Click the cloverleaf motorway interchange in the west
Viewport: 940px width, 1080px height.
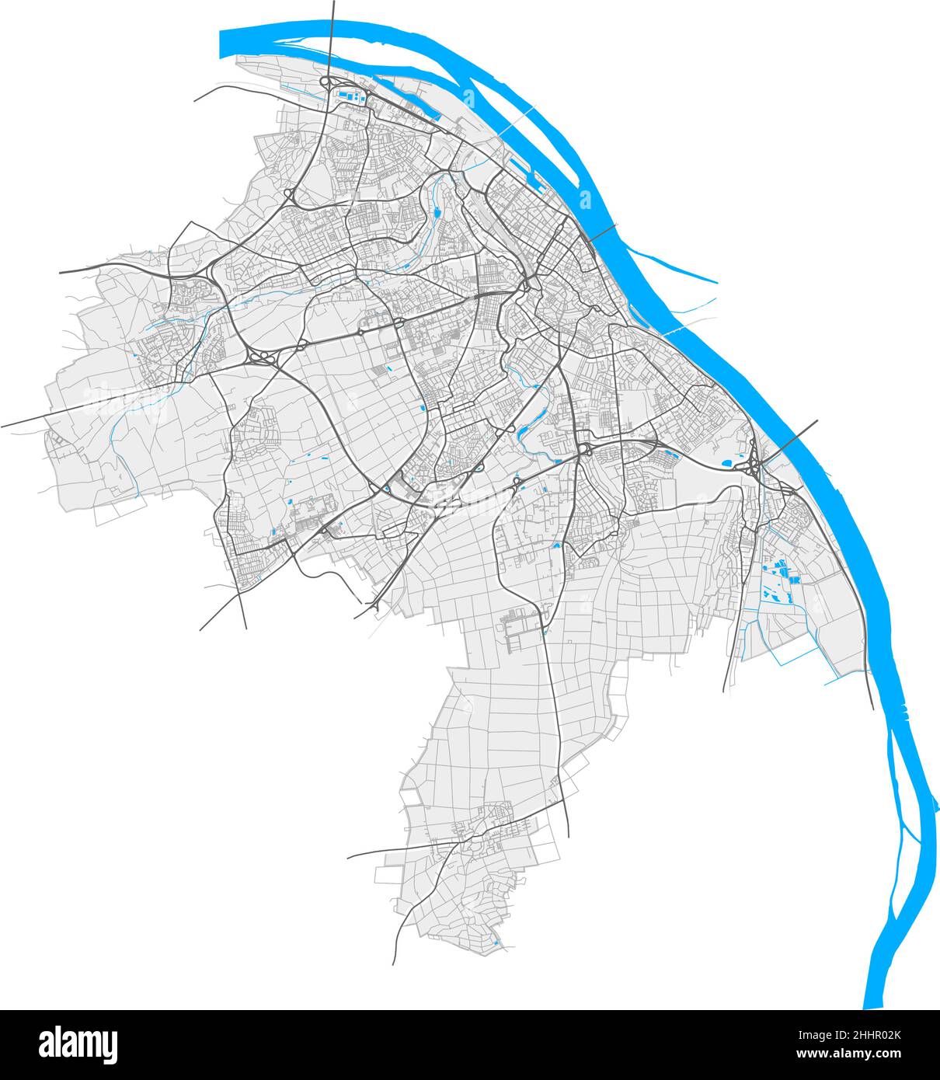tap(262, 357)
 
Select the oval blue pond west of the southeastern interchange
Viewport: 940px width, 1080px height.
tap(727, 463)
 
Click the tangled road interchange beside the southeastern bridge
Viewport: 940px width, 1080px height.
tap(754, 467)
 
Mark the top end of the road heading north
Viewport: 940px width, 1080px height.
tap(333, 4)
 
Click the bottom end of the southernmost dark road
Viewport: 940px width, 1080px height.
tap(394, 963)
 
